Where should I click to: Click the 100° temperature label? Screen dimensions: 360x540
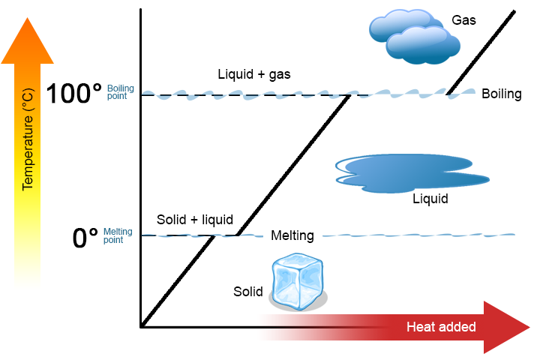tap(73, 94)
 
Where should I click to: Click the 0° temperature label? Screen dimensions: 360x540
tap(85, 238)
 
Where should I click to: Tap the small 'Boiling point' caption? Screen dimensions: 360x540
tap(120, 92)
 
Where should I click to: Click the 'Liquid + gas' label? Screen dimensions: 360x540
tap(253, 74)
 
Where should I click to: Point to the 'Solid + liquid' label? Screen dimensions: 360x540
tap(194, 220)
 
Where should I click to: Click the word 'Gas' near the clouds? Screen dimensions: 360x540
tap(463, 20)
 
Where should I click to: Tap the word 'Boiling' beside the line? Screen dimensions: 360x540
tap(501, 94)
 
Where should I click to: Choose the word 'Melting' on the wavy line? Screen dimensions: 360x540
tap(292, 235)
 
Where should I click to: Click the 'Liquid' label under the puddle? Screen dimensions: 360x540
tap(430, 199)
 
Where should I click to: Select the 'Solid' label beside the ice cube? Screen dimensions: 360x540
tap(247, 290)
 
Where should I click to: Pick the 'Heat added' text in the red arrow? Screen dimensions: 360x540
tap(441, 327)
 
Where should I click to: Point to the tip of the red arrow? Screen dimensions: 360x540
tap(529, 327)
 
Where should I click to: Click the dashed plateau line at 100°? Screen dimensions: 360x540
tap(247, 95)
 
